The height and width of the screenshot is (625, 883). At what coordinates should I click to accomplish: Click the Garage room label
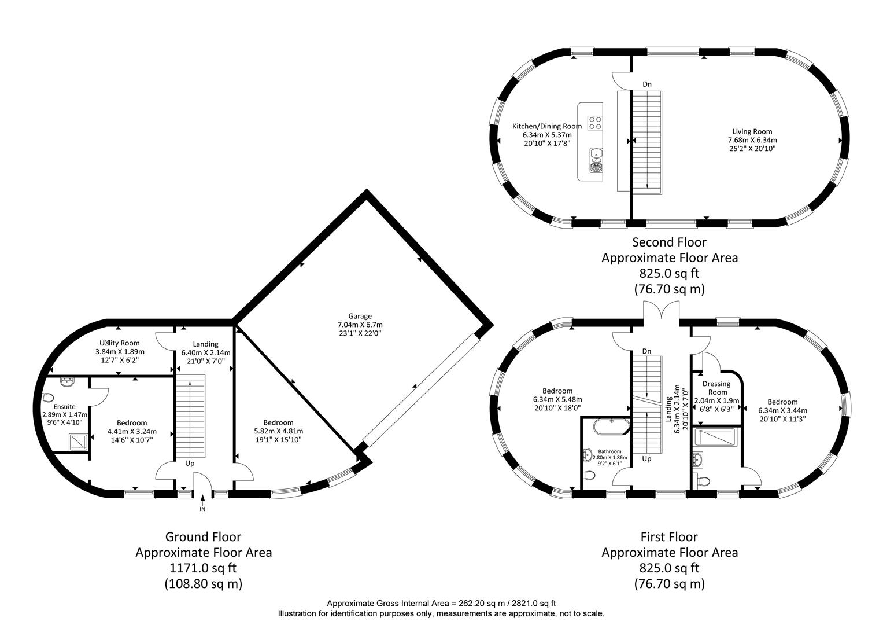pyautogui.click(x=360, y=317)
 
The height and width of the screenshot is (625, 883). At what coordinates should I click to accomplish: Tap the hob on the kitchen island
pyautogui.click(x=595, y=123)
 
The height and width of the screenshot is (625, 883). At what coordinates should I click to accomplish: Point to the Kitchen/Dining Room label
pyautogui.click(x=546, y=126)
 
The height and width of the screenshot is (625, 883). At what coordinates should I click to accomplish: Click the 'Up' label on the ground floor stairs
pyautogui.click(x=190, y=464)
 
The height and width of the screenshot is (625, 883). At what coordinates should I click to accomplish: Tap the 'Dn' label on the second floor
pyautogui.click(x=647, y=84)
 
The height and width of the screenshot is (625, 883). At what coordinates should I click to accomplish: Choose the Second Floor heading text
pyautogui.click(x=669, y=242)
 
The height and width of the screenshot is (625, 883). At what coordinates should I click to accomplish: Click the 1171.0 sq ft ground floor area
pyautogui.click(x=203, y=568)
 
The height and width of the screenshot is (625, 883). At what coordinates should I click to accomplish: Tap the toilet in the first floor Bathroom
pyautogui.click(x=589, y=476)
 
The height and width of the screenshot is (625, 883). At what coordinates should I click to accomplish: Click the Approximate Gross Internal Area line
pyautogui.click(x=441, y=603)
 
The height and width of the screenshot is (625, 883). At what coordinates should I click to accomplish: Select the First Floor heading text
pyautogui.click(x=669, y=537)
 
